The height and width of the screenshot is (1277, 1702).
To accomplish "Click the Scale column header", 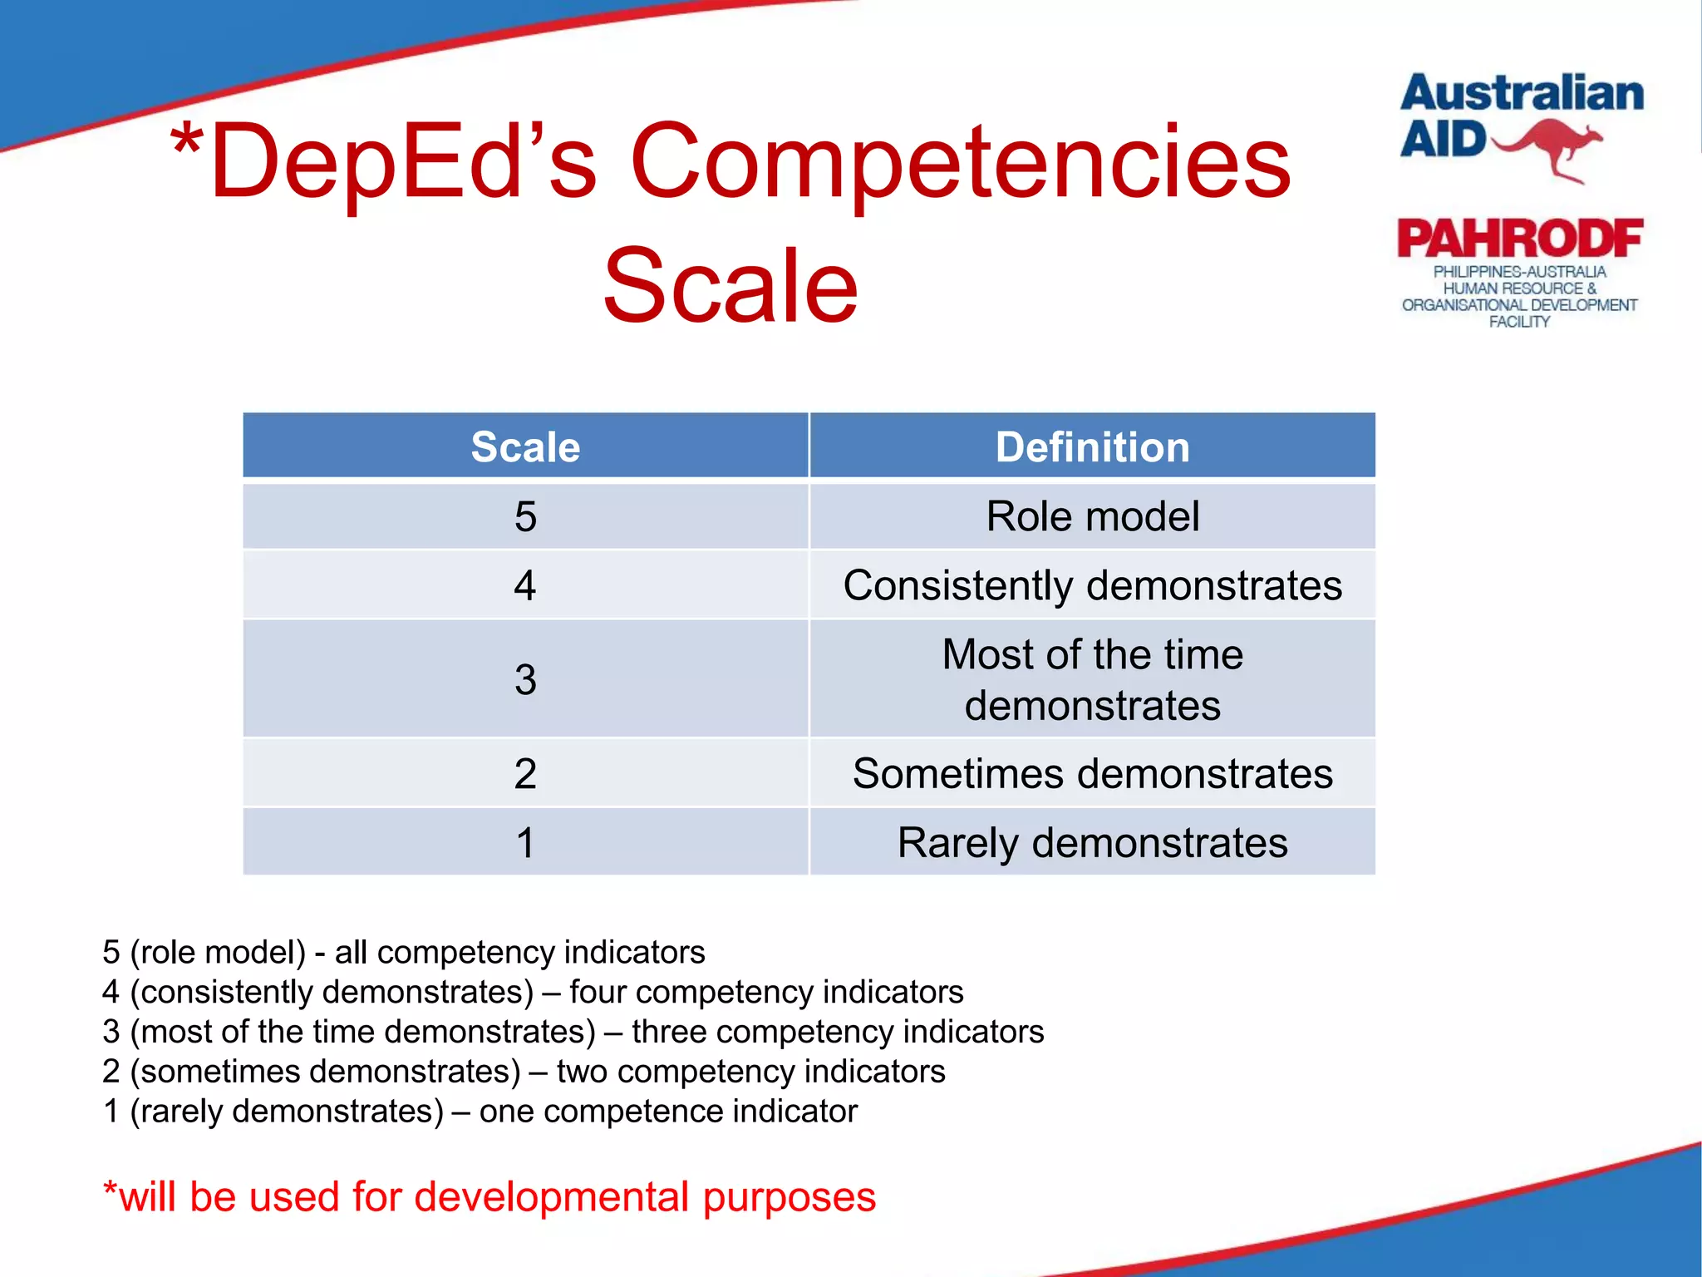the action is [525, 447].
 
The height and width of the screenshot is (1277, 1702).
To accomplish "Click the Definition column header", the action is [1092, 447].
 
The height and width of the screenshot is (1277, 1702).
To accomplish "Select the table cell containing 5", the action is [525, 516].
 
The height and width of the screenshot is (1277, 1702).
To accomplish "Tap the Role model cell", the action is [1092, 516].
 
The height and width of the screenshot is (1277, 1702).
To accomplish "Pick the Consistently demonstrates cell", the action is [1092, 585].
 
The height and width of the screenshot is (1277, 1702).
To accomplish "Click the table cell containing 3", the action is [525, 679].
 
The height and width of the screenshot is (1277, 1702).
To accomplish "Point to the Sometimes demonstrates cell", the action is [1092, 774].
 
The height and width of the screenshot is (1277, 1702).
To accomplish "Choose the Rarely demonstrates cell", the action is [1092, 843].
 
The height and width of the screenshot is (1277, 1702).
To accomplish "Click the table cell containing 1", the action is [525, 843].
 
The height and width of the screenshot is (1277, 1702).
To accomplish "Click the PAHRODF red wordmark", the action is [1519, 239].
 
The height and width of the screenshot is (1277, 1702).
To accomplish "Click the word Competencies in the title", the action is [960, 162].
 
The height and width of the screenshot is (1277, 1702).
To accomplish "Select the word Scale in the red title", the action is [730, 287].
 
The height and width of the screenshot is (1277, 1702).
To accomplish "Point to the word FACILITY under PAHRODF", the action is [1519, 322].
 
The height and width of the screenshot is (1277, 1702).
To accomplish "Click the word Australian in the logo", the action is [1521, 93].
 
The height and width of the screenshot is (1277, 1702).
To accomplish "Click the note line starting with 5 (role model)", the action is [403, 952].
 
